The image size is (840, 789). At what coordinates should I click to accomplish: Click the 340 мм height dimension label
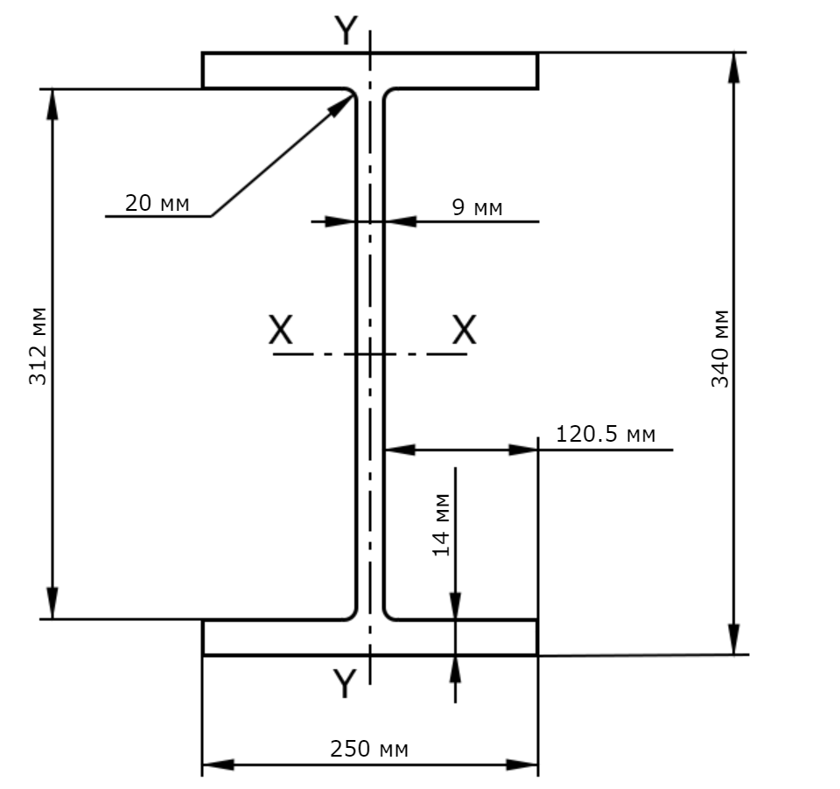720,348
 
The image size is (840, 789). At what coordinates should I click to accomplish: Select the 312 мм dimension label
38,346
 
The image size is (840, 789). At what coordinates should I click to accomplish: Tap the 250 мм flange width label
368,749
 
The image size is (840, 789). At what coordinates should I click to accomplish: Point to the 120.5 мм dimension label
605,434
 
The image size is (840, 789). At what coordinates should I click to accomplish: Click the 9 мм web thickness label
478,207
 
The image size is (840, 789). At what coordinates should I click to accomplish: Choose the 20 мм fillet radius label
157,204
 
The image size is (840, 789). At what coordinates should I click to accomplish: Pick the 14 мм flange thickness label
441,525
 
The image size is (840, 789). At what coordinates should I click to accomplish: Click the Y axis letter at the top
346,31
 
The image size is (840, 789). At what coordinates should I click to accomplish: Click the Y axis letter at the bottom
345,683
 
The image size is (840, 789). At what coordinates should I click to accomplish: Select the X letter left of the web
281,330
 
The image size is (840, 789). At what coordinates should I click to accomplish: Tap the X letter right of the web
464,330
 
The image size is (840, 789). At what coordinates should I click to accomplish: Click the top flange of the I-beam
370,70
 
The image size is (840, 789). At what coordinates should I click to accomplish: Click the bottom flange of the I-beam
370,638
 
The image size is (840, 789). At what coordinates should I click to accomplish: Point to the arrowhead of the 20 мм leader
342,104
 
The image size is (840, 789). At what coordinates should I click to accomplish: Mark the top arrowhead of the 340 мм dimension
734,68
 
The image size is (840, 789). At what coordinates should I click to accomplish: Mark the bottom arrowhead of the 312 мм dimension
52,604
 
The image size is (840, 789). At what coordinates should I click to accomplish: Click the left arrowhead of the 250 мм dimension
219,765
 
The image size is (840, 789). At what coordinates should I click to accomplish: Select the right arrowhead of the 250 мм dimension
522,765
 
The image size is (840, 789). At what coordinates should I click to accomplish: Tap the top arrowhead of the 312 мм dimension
52,105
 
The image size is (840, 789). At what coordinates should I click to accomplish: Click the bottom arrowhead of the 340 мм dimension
734,639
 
